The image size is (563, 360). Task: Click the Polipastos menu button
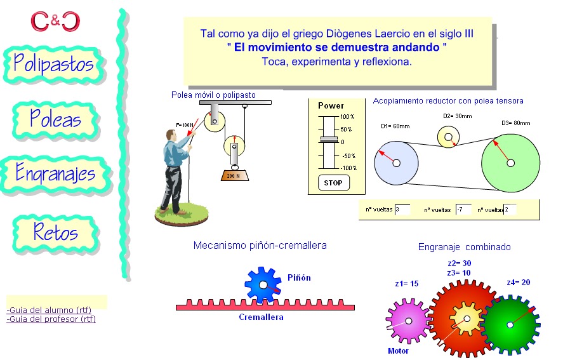click(54, 63)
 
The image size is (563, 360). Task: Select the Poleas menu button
click(56, 119)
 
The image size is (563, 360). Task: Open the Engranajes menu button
click(56, 173)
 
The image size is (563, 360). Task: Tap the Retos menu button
click(56, 232)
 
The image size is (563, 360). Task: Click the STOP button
click(333, 183)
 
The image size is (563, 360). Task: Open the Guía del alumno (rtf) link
click(49, 310)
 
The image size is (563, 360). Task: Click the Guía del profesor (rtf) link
click(51, 319)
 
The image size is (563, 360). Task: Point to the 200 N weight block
click(234, 175)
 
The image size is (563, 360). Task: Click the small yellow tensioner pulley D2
click(448, 137)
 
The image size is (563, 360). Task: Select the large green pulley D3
click(510, 163)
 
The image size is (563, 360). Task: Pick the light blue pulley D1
click(395, 163)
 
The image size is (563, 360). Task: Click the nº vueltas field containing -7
click(463, 209)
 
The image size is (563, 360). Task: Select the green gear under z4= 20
click(510, 324)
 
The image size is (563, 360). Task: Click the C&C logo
click(56, 21)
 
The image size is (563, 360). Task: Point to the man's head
click(170, 136)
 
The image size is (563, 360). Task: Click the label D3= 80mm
click(515, 123)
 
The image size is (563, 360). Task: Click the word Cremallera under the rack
click(261, 317)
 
